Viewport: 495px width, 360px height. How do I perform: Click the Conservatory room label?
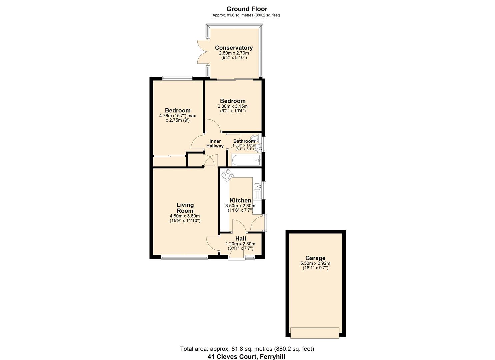coord(234,48)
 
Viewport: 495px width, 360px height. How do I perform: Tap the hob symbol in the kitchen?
coord(228,175)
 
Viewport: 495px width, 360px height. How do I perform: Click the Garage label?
coord(315,258)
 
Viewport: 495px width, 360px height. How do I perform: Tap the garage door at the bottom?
coord(315,332)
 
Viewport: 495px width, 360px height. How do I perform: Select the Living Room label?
coord(185,208)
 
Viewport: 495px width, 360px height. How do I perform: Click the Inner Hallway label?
coord(215,144)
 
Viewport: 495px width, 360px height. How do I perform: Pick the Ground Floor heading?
coord(247,9)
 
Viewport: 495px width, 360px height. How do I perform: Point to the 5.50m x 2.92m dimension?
coord(315,263)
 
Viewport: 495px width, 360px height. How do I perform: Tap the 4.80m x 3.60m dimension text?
coord(185,216)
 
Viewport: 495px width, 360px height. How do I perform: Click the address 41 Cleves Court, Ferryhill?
coord(247,357)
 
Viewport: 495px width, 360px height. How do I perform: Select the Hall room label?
coord(241,239)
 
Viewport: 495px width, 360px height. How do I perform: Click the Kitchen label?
coord(240,200)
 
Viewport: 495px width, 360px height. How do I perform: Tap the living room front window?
coord(184,257)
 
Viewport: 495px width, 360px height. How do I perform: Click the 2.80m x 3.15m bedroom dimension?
coord(233,106)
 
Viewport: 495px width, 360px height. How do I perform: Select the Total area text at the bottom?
coord(247,349)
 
